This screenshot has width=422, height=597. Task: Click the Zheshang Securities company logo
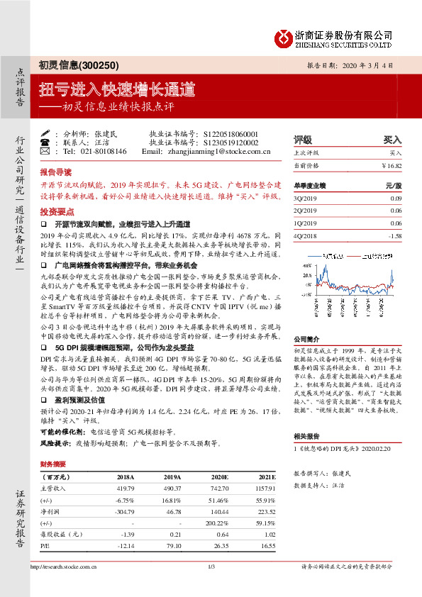282,38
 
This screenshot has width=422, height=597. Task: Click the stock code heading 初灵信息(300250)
71,65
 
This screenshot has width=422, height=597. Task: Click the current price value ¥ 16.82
392,165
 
